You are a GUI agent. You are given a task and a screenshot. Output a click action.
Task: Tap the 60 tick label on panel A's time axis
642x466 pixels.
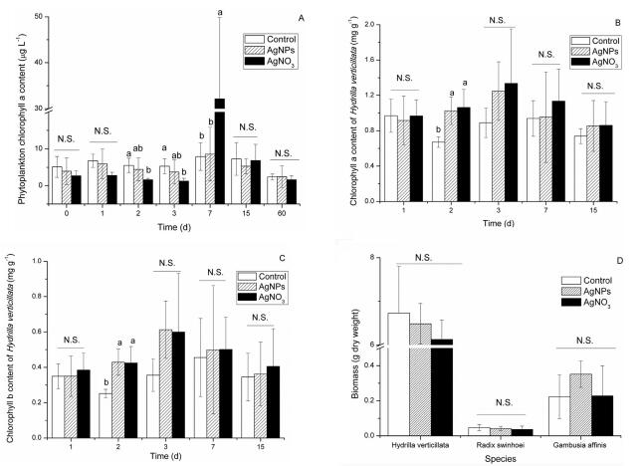tap(286, 212)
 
